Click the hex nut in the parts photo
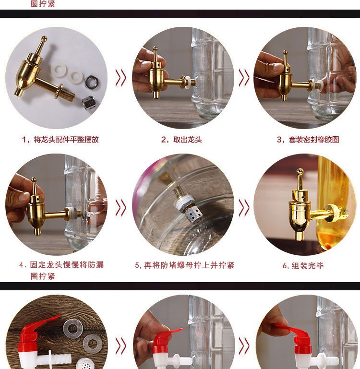click(x=92, y=82)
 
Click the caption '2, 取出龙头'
click(x=181, y=140)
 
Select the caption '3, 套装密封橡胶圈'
click(x=308, y=140)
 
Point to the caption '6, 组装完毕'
click(x=303, y=266)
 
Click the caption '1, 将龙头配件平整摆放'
click(x=60, y=140)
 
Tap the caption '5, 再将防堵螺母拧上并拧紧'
click(x=185, y=265)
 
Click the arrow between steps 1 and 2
click(x=121, y=77)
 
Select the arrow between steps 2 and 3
click(x=244, y=77)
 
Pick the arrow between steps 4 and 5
click(x=121, y=208)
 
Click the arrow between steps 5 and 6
click(x=244, y=208)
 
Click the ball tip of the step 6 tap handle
click(x=300, y=171)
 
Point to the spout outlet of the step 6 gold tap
click(x=299, y=236)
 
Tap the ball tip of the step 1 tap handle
click(x=44, y=38)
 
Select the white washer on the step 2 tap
click(x=188, y=82)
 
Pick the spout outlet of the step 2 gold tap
click(x=156, y=95)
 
